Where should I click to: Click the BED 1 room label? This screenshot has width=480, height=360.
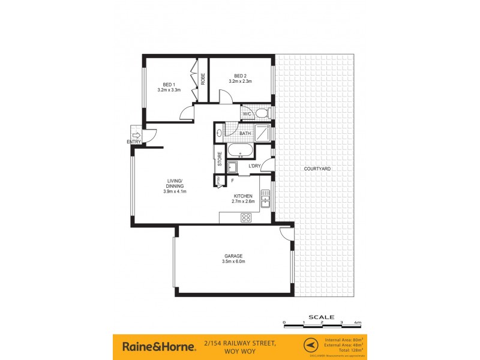pyautogui.click(x=169, y=85)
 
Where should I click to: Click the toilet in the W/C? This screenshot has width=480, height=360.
pyautogui.click(x=262, y=113)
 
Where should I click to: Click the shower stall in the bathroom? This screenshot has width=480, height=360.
pyautogui.click(x=262, y=133)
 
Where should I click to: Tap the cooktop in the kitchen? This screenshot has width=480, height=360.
pyautogui.click(x=246, y=218)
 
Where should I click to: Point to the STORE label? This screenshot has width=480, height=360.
pyautogui.click(x=220, y=159)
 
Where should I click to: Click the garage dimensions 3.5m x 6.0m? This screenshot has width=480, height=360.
pyautogui.click(x=234, y=262)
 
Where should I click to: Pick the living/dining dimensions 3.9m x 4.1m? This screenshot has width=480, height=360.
pyautogui.click(x=176, y=191)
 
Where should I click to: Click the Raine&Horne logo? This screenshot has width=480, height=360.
pyautogui.click(x=159, y=346)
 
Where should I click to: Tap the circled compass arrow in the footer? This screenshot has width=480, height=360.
pyautogui.click(x=310, y=346)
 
